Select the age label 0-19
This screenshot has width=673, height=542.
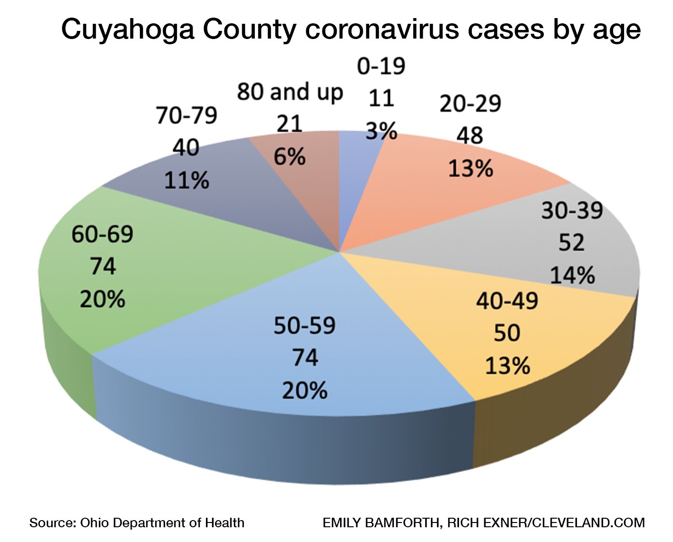coord(381,66)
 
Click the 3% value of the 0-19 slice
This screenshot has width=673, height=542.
coord(381,130)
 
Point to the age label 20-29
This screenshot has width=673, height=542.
coord(470,104)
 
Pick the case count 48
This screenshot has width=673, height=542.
coord(470,136)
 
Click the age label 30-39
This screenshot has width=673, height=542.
coord(572,210)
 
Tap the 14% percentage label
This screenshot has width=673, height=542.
coord(572,276)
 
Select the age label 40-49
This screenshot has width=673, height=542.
coord(507,301)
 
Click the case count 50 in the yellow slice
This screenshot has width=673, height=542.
coord(507,333)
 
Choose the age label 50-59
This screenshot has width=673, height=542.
coord(304,325)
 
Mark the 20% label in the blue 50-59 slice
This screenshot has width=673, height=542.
coord(304,391)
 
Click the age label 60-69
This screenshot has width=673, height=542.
coord(102,234)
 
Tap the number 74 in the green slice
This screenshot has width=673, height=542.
coord(103,266)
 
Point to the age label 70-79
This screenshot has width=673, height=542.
coord(186,116)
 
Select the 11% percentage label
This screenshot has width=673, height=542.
coord(186,181)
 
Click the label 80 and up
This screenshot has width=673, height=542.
coord(290,92)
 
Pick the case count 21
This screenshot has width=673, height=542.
coord(290,124)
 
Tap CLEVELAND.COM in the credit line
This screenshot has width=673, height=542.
coord(588,523)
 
